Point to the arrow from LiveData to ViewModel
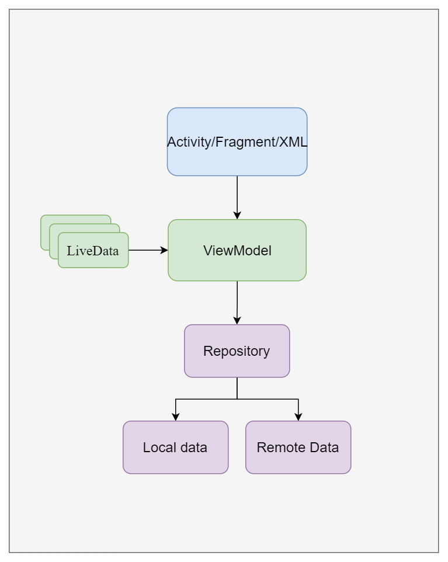coord(146,250)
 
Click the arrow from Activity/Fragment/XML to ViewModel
coord(237,196)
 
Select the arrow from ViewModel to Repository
coord(237,301)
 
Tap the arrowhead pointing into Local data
coord(175,417)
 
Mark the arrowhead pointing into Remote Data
coord(298,417)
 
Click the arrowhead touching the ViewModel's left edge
coord(164,250)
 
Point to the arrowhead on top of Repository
coord(237,320)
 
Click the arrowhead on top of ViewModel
coord(237,215)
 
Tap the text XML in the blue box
coord(293,142)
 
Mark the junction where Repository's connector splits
coord(237,399)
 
